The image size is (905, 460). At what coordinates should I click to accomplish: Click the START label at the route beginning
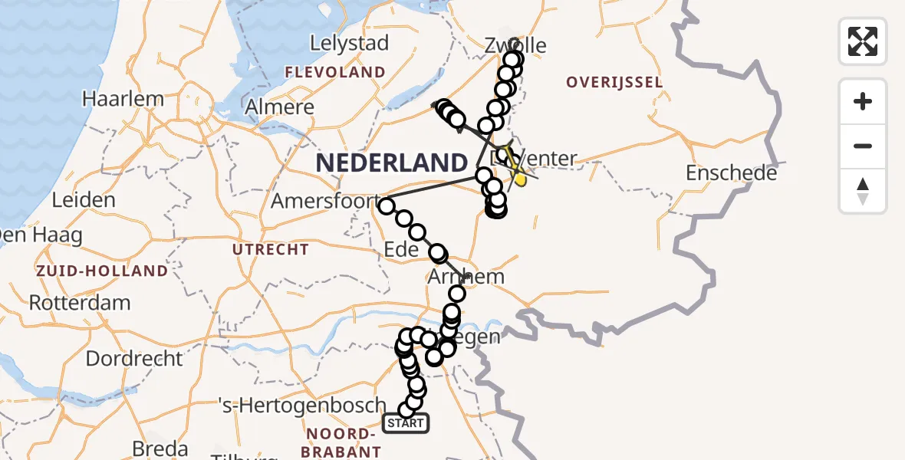(405, 423)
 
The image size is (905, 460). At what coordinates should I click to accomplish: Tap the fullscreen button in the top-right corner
(863, 41)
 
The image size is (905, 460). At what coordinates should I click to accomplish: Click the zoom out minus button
(863, 146)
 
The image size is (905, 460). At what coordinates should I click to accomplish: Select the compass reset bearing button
(863, 191)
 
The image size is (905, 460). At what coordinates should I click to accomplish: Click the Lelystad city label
(349, 44)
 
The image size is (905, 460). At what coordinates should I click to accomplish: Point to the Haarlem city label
(123, 99)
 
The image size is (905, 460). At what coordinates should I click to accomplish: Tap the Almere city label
(280, 107)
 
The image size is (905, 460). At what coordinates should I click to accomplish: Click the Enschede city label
(731, 173)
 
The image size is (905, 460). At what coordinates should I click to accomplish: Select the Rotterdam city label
(80, 302)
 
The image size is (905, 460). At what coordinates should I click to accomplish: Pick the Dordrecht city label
(134, 358)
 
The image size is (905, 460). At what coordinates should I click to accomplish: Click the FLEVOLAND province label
(335, 73)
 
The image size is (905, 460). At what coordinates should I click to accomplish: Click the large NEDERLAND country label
(391, 163)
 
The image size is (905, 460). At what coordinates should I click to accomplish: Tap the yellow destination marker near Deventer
(520, 179)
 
